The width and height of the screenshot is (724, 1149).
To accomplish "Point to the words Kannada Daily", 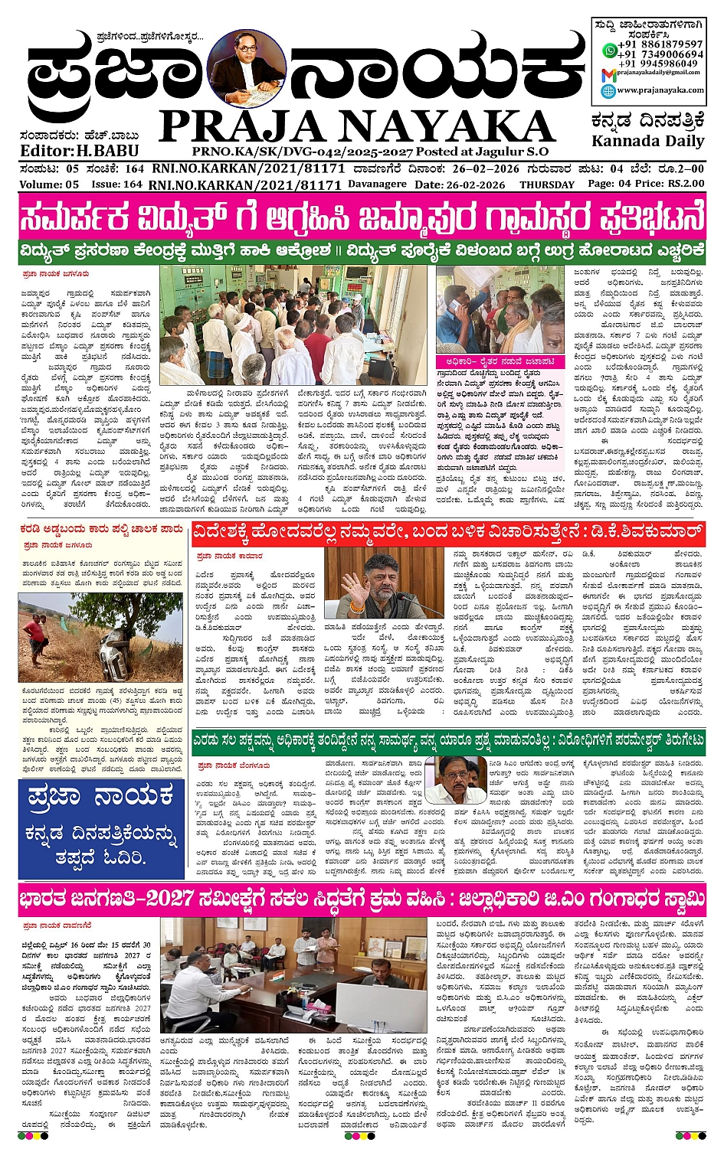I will [x=647, y=141].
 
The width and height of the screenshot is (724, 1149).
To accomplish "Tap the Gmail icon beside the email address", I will [x=608, y=74].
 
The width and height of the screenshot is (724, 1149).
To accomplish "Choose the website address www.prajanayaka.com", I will [x=660, y=90].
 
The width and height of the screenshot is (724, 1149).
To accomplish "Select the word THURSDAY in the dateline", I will [x=546, y=184].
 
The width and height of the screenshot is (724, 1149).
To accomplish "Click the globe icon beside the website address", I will [x=608, y=90].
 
